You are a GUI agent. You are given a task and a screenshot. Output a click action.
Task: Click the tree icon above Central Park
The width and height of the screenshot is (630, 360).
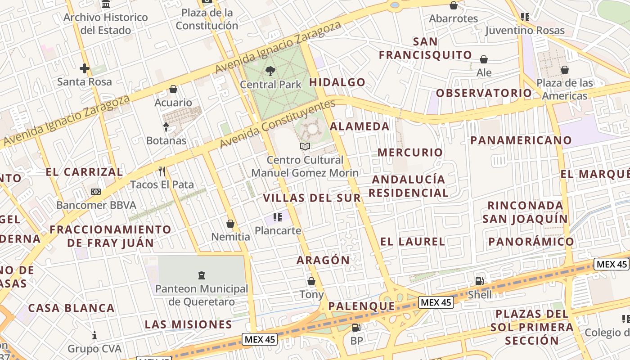tap(270, 71)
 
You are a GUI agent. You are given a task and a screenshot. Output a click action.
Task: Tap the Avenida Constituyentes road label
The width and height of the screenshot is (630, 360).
tap(277, 124)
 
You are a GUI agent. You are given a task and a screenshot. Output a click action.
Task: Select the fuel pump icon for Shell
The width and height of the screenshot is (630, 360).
tap(480, 281)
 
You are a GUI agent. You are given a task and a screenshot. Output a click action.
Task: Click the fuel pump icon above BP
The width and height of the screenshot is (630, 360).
tap(356, 328)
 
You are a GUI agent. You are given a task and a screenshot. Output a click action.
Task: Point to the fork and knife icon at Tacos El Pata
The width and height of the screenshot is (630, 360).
tap(162, 171)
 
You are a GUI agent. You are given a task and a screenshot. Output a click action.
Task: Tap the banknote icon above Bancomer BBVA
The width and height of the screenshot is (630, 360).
tap(95, 192)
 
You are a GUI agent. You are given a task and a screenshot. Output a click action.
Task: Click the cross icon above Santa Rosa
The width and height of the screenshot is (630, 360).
tap(84, 68)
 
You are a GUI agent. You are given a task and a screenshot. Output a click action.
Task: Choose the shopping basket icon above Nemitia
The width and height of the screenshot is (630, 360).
tap(230, 224)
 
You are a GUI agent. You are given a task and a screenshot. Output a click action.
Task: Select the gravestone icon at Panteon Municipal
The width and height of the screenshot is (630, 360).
tap(202, 275)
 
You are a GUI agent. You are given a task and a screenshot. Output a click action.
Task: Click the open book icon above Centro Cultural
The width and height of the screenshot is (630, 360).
tap(305, 146)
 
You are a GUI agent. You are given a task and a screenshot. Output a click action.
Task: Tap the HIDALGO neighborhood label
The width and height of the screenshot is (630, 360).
tap(337, 82)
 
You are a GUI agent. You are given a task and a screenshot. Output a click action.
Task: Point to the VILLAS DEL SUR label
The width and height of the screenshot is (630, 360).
tap(312, 198)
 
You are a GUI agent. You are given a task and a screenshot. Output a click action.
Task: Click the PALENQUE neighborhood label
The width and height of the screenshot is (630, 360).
tap(361, 306)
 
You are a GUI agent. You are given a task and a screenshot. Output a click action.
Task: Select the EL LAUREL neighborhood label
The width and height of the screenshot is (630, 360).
tap(412, 242)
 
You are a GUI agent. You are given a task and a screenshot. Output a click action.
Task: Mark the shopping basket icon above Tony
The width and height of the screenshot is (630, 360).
tap(311, 281)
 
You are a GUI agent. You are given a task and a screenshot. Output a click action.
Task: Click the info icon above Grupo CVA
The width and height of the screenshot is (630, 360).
tap(94, 335)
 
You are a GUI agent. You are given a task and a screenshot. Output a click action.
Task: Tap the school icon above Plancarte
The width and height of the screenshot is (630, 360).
tap(277, 217)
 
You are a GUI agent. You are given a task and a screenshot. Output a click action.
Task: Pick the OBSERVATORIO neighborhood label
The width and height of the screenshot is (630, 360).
tap(484, 93)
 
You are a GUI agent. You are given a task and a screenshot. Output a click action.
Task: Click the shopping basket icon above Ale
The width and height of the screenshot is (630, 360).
tap(484, 59)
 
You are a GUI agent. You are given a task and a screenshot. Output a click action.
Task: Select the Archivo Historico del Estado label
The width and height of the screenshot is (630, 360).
tap(105, 24)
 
